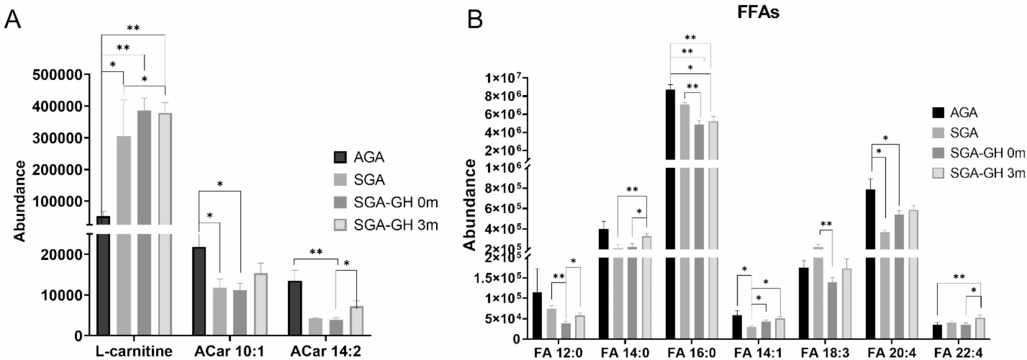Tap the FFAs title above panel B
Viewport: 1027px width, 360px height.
click(x=758, y=12)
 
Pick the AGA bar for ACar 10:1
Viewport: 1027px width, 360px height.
click(x=198, y=291)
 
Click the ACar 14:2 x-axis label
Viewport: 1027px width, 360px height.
click(x=326, y=351)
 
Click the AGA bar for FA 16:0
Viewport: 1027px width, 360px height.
click(x=671, y=215)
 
